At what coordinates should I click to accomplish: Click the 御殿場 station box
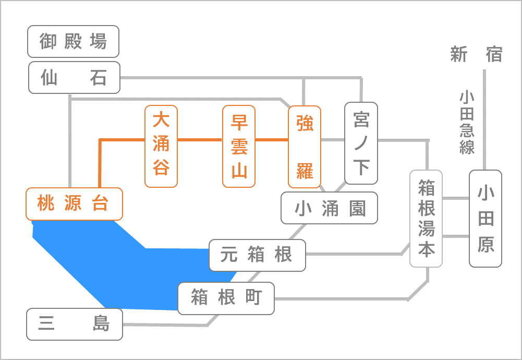(x=73, y=41)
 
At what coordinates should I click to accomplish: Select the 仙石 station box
(x=74, y=77)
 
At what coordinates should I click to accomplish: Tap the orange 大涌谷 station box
(x=161, y=146)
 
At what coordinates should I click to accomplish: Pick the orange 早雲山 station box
(x=239, y=146)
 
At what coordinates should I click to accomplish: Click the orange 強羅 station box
(x=305, y=147)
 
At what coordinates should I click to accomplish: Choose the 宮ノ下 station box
(x=361, y=143)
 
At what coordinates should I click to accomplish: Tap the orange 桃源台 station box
(x=74, y=204)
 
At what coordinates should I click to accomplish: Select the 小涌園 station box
(x=329, y=208)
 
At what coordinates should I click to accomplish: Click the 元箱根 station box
(x=257, y=255)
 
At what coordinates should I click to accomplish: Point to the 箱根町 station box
(x=226, y=298)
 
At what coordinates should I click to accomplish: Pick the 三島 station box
(x=75, y=324)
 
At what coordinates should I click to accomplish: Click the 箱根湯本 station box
(x=426, y=219)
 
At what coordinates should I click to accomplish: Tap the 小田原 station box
(x=485, y=219)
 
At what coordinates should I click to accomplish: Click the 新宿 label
(x=477, y=54)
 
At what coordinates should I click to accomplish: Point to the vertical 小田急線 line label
(x=467, y=122)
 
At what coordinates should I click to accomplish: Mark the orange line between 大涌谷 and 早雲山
(x=200, y=140)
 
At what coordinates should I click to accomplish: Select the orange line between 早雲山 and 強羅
(x=272, y=140)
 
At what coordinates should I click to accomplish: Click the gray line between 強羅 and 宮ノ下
(x=333, y=140)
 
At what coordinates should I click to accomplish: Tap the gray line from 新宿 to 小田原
(x=484, y=120)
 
